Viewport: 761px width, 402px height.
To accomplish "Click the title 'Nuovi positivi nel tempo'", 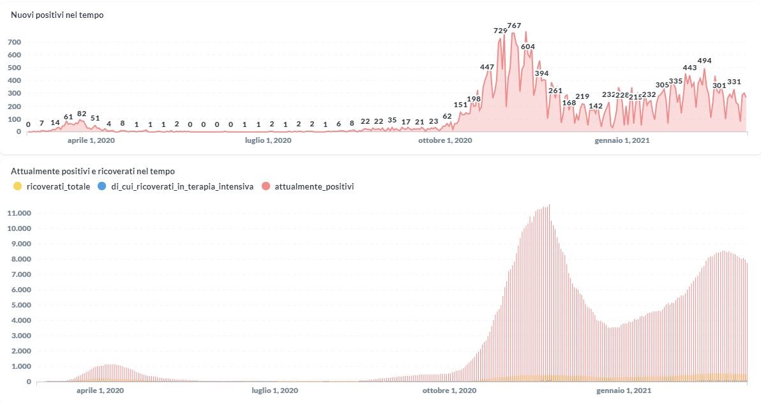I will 57,15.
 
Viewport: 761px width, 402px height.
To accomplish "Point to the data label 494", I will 704,61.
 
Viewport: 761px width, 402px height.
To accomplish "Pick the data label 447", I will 487,67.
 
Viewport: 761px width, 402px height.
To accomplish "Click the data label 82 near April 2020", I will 82,114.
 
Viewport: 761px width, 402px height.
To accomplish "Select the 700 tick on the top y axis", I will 14,42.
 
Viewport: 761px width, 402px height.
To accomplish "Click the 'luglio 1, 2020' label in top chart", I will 268,140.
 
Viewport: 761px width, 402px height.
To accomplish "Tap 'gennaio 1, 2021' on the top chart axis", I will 622,140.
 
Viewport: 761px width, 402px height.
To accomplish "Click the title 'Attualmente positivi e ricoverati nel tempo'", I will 93,171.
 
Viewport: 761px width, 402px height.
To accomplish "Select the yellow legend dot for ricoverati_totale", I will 17,186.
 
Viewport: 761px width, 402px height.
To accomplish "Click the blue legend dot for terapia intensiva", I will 102,186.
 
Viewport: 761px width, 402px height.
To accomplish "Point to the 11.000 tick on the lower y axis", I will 19,213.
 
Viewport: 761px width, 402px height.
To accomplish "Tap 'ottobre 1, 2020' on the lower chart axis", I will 449,390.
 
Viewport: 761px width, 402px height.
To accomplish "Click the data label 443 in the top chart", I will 689,68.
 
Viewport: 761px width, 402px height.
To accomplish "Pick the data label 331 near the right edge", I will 734,82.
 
